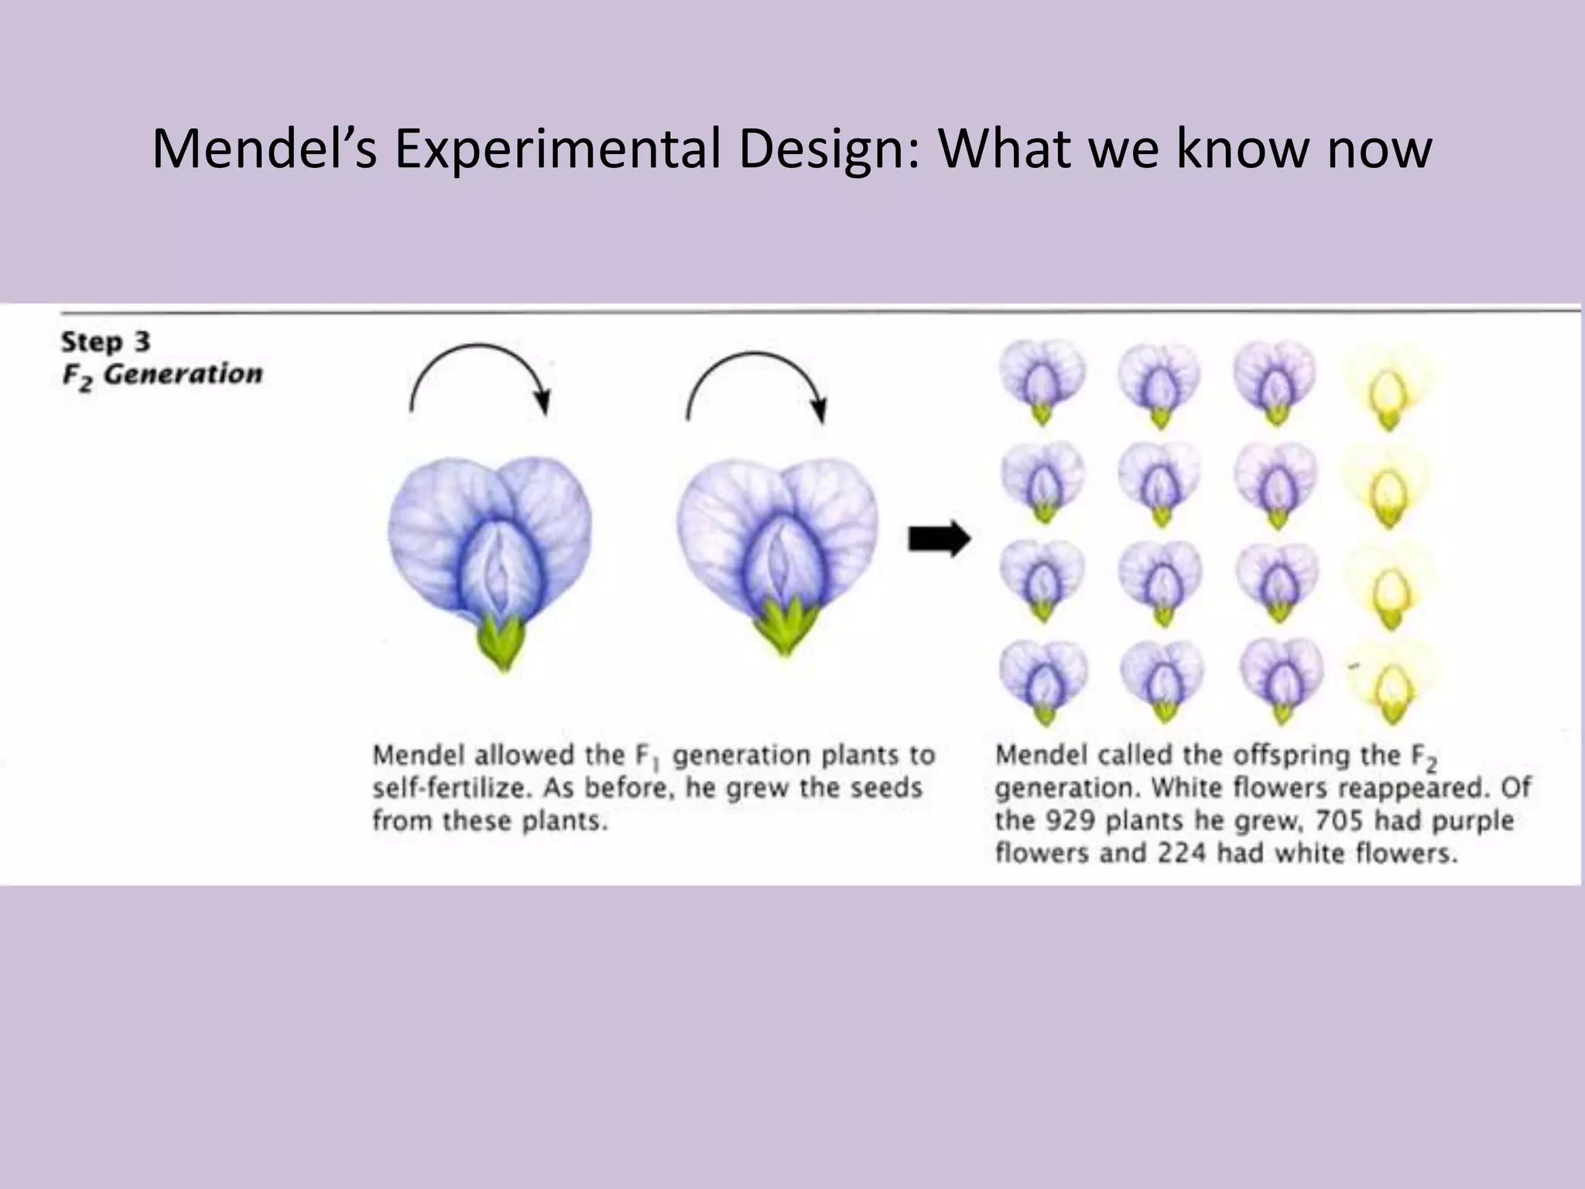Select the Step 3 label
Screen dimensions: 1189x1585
click(106, 341)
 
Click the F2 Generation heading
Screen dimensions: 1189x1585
click(163, 375)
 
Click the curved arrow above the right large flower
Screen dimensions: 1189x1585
click(757, 382)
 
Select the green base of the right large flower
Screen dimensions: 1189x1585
click(784, 628)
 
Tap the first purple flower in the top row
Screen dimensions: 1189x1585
click(1042, 385)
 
